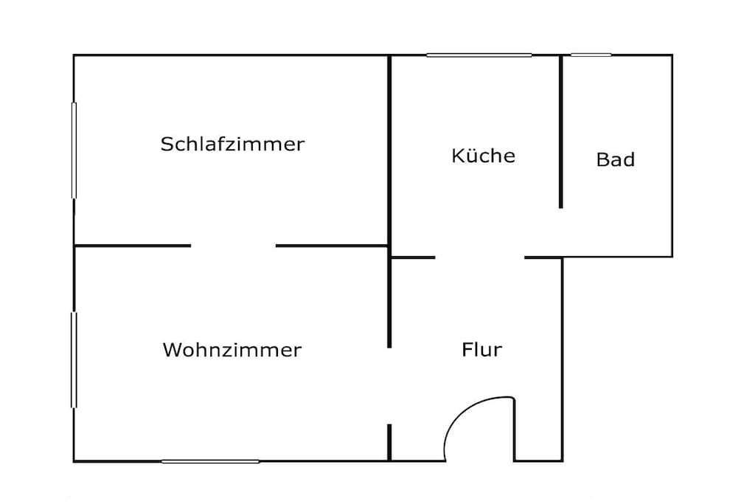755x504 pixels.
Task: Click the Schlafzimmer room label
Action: (x=232, y=144)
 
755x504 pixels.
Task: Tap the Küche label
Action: (x=484, y=155)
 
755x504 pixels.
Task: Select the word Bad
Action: (x=616, y=159)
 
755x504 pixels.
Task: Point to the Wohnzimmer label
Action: (x=232, y=350)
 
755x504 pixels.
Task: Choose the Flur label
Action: (x=481, y=349)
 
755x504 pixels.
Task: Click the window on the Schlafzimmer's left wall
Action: (x=74, y=151)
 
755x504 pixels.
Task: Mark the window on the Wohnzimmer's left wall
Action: (x=74, y=360)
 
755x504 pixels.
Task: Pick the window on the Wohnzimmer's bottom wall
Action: (x=210, y=461)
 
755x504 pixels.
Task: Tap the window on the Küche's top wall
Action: (x=479, y=55)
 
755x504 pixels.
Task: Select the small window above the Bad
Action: (x=591, y=55)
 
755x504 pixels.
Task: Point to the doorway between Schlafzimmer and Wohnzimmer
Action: (x=234, y=246)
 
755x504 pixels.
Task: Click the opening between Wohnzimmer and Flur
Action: (x=389, y=386)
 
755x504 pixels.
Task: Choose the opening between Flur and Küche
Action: (x=479, y=258)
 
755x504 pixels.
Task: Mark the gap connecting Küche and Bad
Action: (x=561, y=232)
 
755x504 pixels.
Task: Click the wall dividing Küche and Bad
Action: (x=560, y=131)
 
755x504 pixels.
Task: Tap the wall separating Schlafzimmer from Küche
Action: (x=389, y=151)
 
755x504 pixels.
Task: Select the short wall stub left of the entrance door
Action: (x=389, y=442)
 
